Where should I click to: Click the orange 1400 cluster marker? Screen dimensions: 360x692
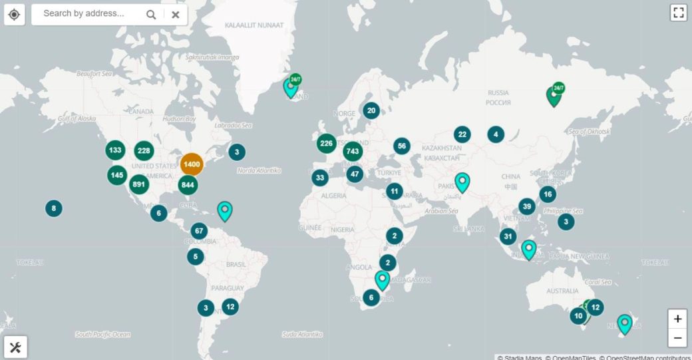[x=192, y=164]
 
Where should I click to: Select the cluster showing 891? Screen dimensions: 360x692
[x=139, y=184]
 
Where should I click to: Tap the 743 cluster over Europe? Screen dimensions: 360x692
[x=353, y=152]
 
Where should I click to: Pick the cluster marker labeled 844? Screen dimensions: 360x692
[x=188, y=184]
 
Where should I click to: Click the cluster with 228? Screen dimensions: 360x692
[x=144, y=150]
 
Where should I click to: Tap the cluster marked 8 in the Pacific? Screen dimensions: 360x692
[x=54, y=208]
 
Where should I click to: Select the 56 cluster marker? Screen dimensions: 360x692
[x=401, y=146]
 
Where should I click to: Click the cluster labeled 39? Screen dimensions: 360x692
[x=527, y=206]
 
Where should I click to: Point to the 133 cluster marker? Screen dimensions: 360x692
[x=115, y=150]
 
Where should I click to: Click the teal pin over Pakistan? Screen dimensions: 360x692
[x=462, y=181]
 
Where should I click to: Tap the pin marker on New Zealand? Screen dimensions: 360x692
[x=624, y=323]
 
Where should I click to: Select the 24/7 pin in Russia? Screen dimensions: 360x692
[x=554, y=96]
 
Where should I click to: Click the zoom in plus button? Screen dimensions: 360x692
[x=677, y=318]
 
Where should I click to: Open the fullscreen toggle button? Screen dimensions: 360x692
[x=678, y=13]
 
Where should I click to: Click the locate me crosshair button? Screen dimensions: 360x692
[x=15, y=14]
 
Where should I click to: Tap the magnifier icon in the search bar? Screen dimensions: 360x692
[x=151, y=14]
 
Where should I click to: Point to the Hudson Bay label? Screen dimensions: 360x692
[x=180, y=118]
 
